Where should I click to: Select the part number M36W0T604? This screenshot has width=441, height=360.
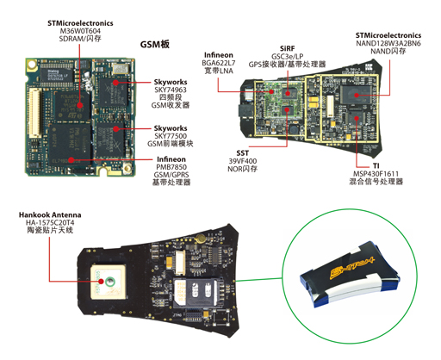[x=79, y=30]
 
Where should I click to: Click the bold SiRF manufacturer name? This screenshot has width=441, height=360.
[x=287, y=52]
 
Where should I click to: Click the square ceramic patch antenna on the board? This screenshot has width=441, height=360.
[x=109, y=282]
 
